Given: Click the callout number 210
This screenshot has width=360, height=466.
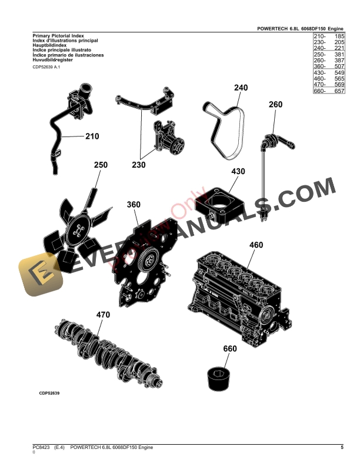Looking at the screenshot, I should [x=92, y=137].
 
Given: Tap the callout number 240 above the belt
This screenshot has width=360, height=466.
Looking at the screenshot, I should [x=241, y=88].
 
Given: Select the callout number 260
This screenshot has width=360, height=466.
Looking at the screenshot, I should [x=275, y=105].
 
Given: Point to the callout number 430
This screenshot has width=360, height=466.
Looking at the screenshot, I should [x=238, y=172].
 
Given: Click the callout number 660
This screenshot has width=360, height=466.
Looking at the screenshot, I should [x=230, y=348].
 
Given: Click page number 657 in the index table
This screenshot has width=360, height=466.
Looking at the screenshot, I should [x=338, y=92].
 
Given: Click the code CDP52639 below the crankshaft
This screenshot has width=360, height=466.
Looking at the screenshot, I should [x=52, y=392].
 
